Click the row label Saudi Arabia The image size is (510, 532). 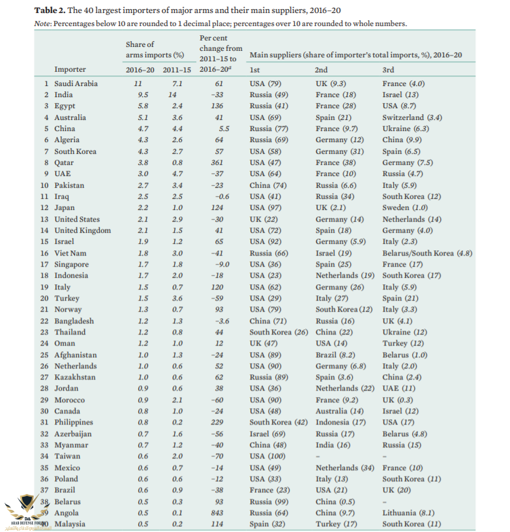coord(77,83)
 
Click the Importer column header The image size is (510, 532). coord(70,69)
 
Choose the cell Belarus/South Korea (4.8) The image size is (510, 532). coord(427,253)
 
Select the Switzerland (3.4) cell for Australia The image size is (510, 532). coord(412,117)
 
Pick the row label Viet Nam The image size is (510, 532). coord(70,253)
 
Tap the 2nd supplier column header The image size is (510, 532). coord(321,69)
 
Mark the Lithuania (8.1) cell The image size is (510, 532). coord(408,513)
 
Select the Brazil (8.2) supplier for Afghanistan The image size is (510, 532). coord(335,355)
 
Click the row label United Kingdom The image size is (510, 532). coord(83,230)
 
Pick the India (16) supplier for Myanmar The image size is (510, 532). coord(333,445)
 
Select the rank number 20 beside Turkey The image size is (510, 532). coord(44,298)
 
